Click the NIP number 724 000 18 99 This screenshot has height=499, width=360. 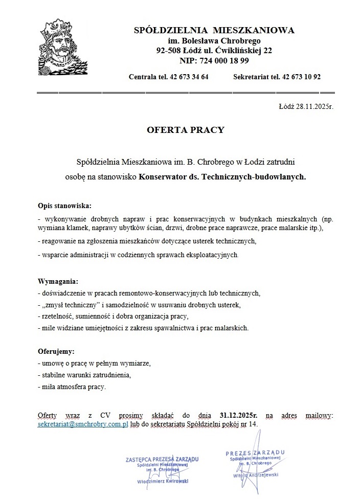(x=228, y=60)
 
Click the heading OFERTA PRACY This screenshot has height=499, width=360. (x=186, y=130)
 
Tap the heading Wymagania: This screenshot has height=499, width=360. (x=58, y=282)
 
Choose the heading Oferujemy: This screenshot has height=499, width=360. (x=56, y=352)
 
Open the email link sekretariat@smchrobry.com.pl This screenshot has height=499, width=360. (x=83, y=424)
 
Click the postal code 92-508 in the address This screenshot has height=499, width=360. (x=169, y=50)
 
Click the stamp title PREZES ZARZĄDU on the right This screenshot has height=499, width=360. (x=255, y=453)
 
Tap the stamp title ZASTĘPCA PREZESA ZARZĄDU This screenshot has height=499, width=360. (x=162, y=459)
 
